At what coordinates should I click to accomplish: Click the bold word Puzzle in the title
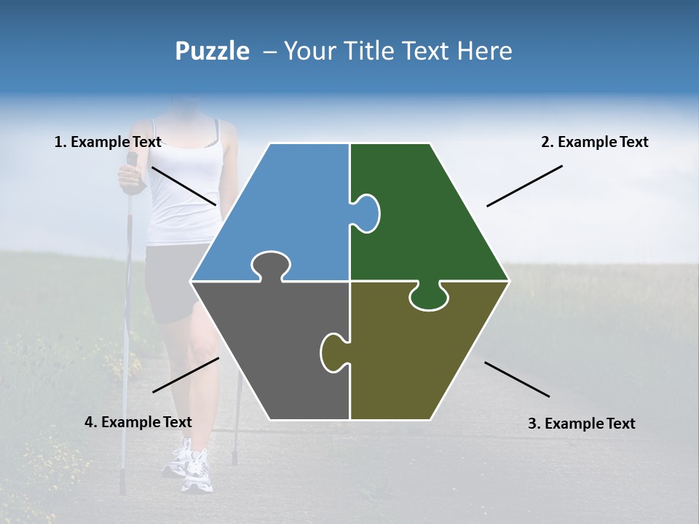pos(212,51)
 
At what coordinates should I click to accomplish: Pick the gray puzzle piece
pos(269,349)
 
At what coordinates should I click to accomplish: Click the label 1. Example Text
pos(108,142)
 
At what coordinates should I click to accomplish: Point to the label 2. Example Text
pos(594,142)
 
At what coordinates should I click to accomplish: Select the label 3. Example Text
pos(581,424)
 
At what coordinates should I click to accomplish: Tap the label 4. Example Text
pos(138,422)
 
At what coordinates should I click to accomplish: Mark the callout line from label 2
pos(524,186)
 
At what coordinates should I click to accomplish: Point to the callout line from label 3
pos(517,379)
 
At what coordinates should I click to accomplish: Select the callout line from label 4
pos(186,375)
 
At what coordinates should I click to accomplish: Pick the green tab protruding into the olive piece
pos(429,297)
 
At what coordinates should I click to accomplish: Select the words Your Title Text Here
pos(398,51)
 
